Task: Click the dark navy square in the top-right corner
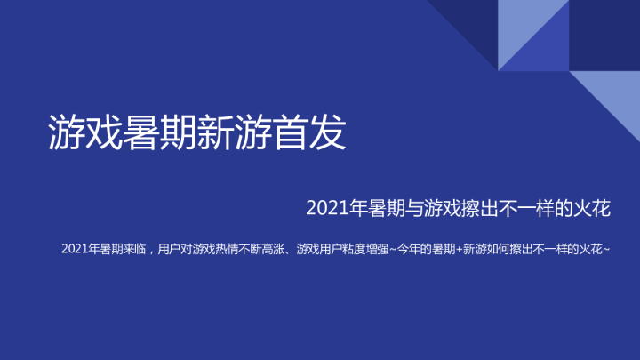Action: click(x=604, y=36)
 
